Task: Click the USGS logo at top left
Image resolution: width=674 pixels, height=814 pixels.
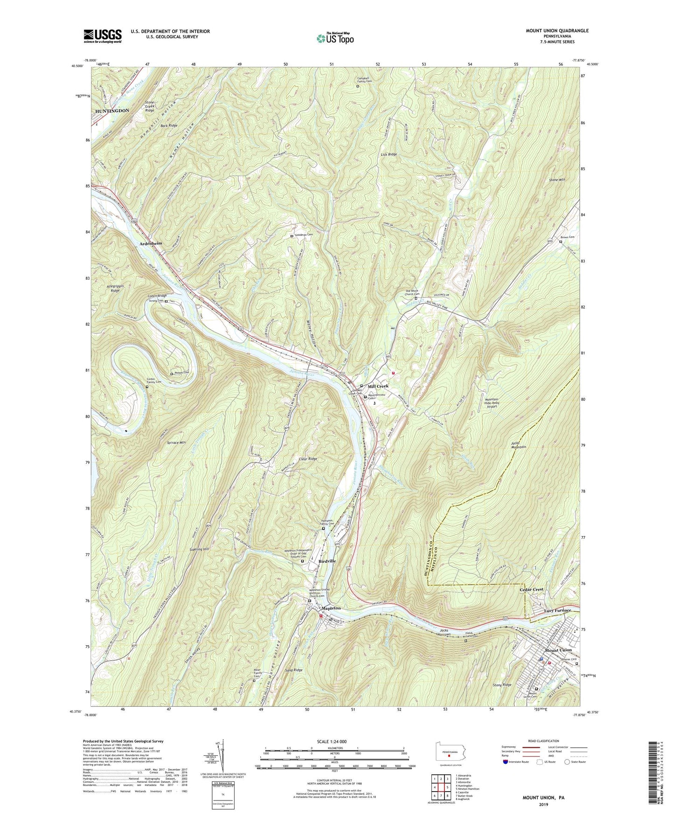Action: (x=103, y=36)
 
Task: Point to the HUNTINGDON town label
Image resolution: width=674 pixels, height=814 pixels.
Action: (x=112, y=111)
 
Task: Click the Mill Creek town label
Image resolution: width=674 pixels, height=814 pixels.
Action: (x=378, y=386)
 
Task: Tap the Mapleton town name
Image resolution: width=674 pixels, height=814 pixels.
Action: (x=329, y=608)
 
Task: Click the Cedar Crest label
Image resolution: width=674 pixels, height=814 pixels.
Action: (x=532, y=589)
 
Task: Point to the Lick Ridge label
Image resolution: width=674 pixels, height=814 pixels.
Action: (x=389, y=154)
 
